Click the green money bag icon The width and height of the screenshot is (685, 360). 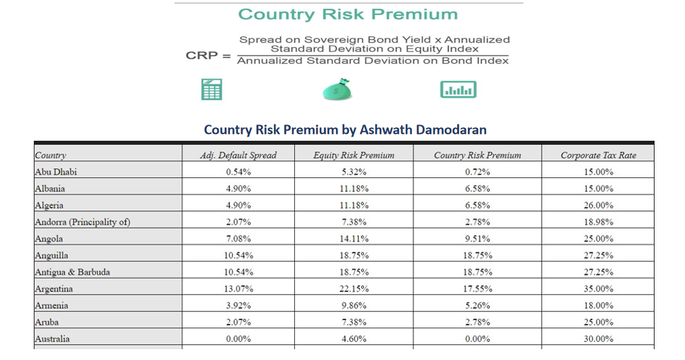(x=336, y=90)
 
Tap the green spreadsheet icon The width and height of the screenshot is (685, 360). (x=212, y=89)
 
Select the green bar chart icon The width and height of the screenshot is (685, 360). (x=458, y=89)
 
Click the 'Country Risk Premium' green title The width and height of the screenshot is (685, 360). (x=348, y=14)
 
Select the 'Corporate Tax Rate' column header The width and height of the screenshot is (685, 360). (x=598, y=155)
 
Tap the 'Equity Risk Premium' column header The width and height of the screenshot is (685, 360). (x=353, y=155)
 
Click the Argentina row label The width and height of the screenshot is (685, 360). (x=53, y=289)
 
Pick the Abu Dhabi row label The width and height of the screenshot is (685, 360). (x=56, y=172)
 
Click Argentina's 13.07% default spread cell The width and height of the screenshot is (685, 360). (x=238, y=289)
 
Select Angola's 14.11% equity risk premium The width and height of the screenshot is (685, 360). (x=353, y=239)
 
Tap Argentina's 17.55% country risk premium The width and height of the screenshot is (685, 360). (x=477, y=289)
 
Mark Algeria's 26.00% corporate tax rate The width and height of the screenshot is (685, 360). (x=598, y=205)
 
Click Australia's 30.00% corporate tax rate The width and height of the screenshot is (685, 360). (x=598, y=339)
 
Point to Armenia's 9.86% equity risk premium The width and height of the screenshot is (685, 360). (x=353, y=306)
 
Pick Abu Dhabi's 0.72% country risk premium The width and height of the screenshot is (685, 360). (x=477, y=172)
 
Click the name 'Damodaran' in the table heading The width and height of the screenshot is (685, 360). (x=453, y=129)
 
